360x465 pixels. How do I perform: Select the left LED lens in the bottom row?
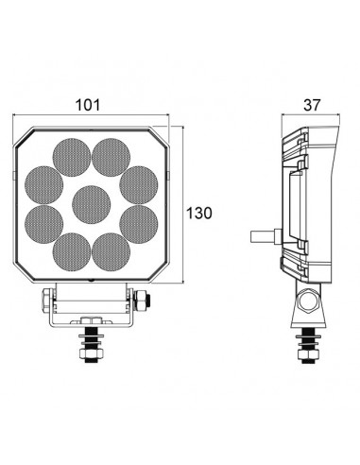tap(71, 253)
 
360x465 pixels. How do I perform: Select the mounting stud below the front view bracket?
tap(92, 344)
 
